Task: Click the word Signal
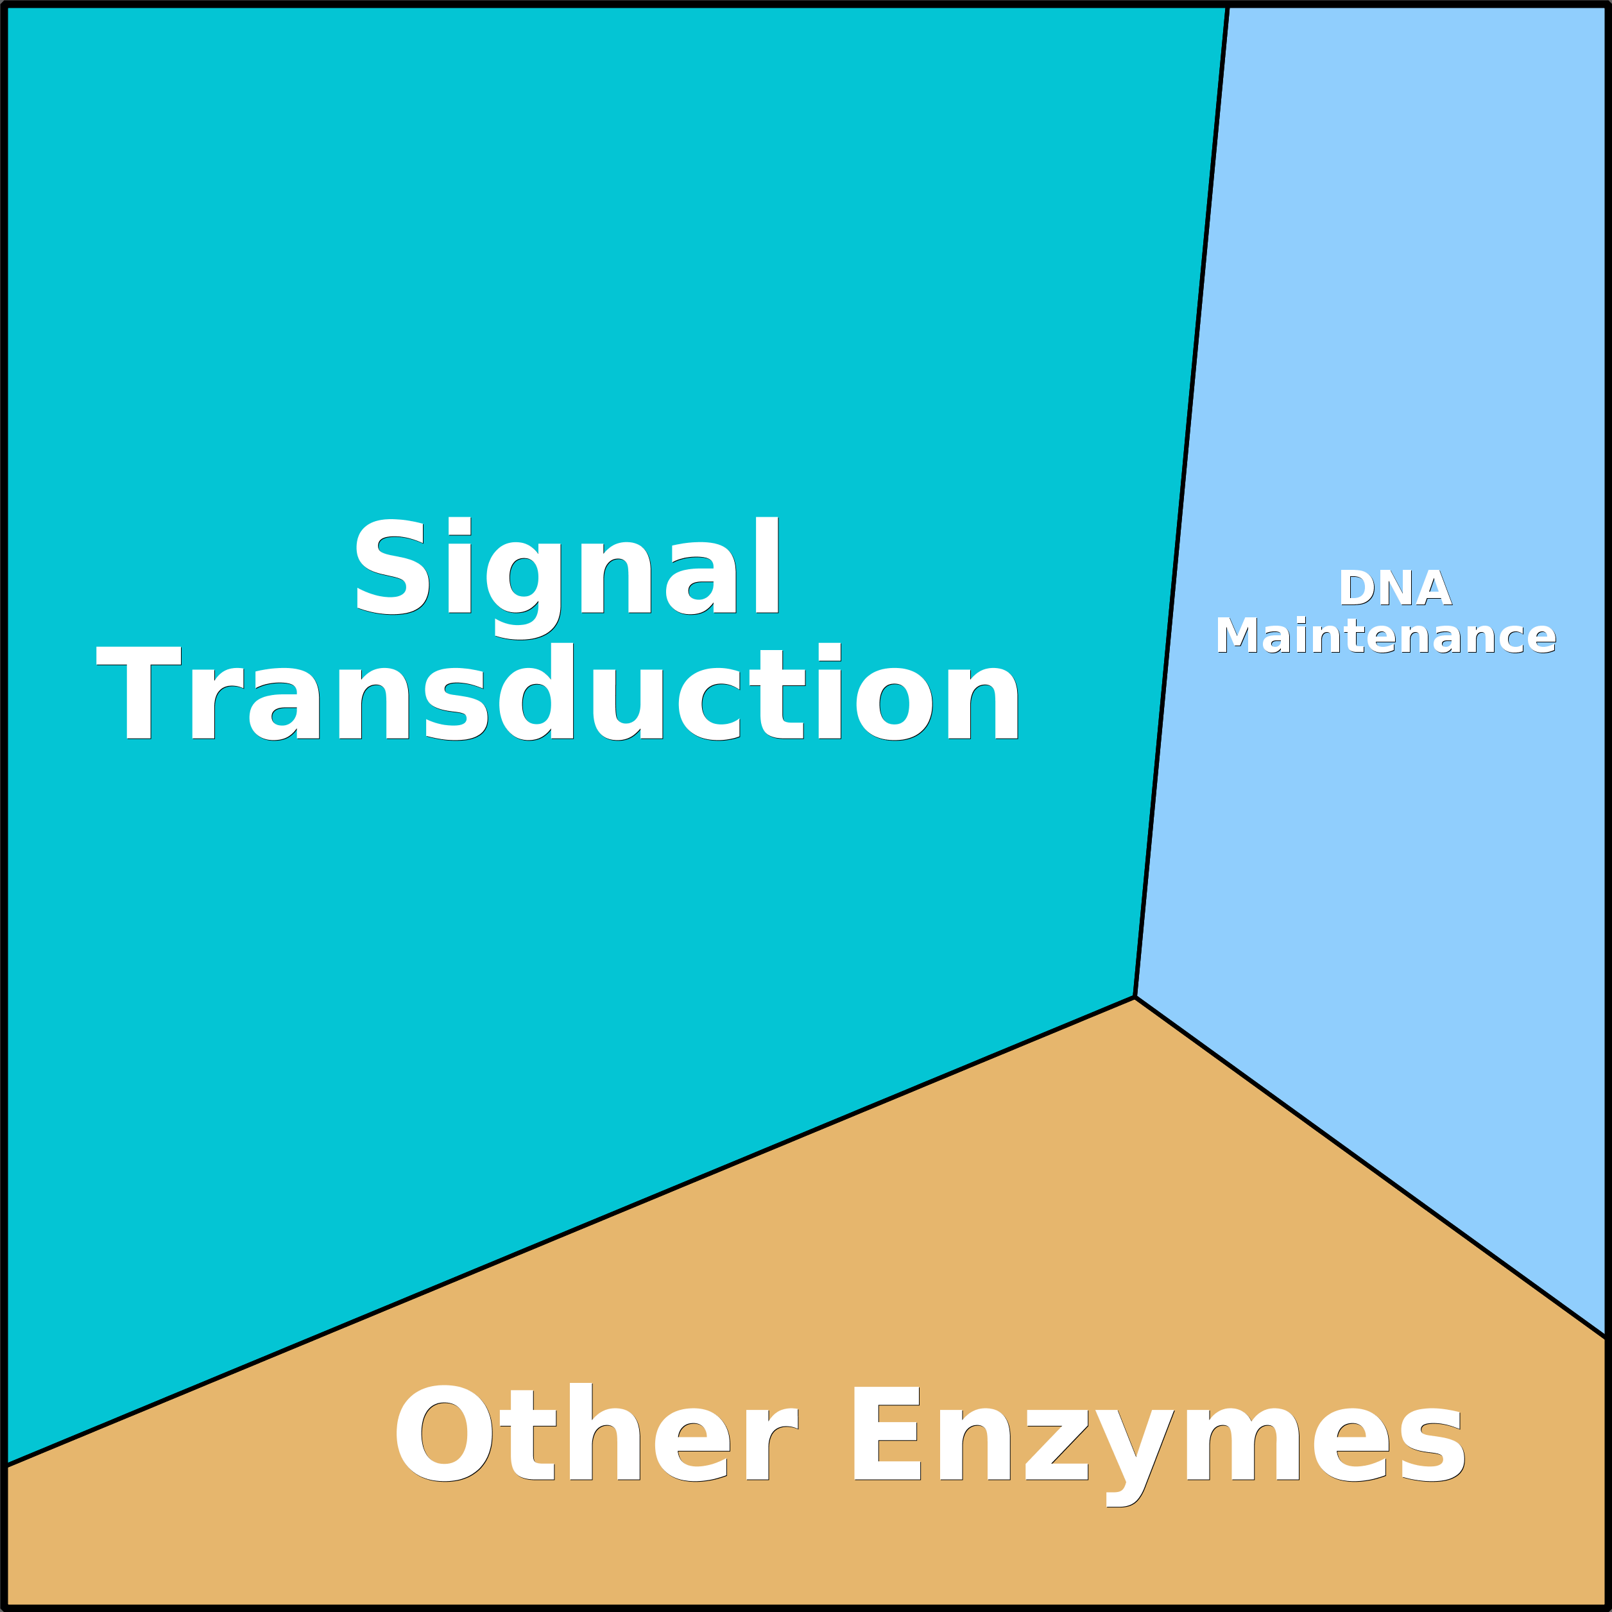[x=567, y=568]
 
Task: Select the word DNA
[x=1395, y=588]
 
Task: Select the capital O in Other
[x=445, y=1434]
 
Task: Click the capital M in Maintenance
[x=1237, y=636]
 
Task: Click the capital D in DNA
[x=1356, y=588]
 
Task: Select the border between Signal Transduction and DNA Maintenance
[x=1181, y=501]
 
